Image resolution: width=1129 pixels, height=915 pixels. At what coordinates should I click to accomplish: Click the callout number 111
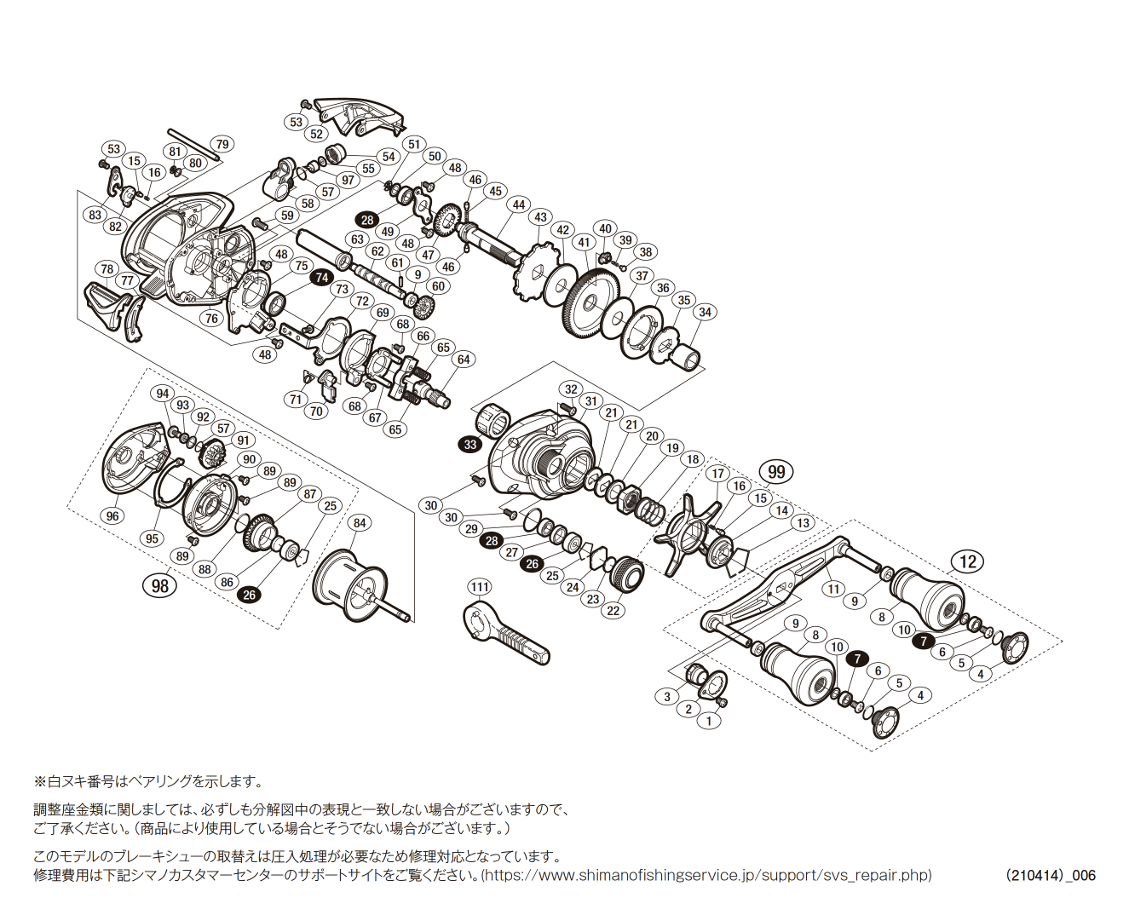[x=480, y=587]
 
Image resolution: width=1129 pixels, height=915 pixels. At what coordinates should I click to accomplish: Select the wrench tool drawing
[x=506, y=632]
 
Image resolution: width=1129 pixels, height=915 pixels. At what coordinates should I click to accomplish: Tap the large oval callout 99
[x=776, y=471]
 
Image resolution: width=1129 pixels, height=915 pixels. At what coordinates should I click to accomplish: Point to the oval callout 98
[x=159, y=585]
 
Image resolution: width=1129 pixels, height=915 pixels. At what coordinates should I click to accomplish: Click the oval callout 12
[x=968, y=561]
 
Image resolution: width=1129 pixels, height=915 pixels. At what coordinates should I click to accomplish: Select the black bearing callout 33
[x=470, y=444]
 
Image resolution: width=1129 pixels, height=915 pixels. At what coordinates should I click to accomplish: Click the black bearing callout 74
[x=321, y=278]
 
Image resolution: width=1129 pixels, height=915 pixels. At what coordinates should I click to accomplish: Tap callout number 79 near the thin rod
[x=222, y=144]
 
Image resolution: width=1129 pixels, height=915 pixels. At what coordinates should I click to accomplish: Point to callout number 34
[x=705, y=313]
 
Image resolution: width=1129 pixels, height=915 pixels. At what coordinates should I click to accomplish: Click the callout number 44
[x=519, y=205]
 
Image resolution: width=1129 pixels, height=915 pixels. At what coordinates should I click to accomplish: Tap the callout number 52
[x=317, y=134]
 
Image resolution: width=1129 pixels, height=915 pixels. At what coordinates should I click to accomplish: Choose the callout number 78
[x=107, y=269]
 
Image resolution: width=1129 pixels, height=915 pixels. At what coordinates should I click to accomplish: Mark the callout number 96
[x=112, y=515]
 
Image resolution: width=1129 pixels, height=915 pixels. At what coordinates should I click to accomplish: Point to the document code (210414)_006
[x=1050, y=875]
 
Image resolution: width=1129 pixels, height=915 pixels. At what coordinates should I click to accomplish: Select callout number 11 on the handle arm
[x=833, y=589]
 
